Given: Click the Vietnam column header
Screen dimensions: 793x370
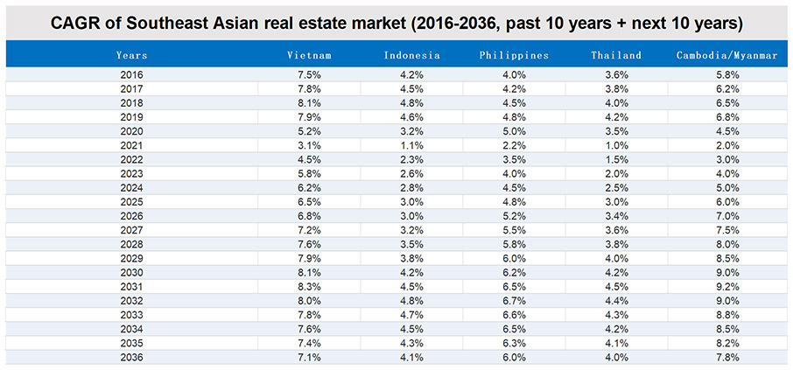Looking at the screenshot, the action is (x=309, y=56).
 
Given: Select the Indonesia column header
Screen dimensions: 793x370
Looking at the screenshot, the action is (x=411, y=56).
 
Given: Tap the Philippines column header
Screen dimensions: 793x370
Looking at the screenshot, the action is (x=514, y=56).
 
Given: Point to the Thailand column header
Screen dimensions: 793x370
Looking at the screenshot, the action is (x=616, y=56).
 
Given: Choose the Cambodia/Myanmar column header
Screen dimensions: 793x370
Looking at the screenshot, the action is (x=726, y=56).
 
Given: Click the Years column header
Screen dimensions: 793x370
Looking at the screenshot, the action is (x=131, y=56).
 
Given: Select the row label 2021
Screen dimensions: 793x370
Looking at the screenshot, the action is (x=131, y=145).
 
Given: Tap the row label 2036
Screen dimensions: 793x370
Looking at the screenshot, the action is (x=131, y=358).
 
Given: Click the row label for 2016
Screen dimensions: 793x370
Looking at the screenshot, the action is (x=131, y=75).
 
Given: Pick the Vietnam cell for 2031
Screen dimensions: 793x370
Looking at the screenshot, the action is (x=309, y=287).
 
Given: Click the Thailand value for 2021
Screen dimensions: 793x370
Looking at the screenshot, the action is (x=616, y=145).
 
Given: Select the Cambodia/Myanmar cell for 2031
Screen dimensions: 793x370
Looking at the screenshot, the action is (x=726, y=287).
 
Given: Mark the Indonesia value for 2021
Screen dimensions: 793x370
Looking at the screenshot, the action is (x=411, y=145).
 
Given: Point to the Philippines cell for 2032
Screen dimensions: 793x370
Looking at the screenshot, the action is (x=514, y=301).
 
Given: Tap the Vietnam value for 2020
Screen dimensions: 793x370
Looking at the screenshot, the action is (x=309, y=131).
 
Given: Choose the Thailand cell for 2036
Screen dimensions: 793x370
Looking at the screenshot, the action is (x=616, y=358).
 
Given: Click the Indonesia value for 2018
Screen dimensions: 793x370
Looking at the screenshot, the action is (x=411, y=103).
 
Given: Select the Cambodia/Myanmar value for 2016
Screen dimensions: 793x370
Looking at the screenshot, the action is (x=726, y=75).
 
